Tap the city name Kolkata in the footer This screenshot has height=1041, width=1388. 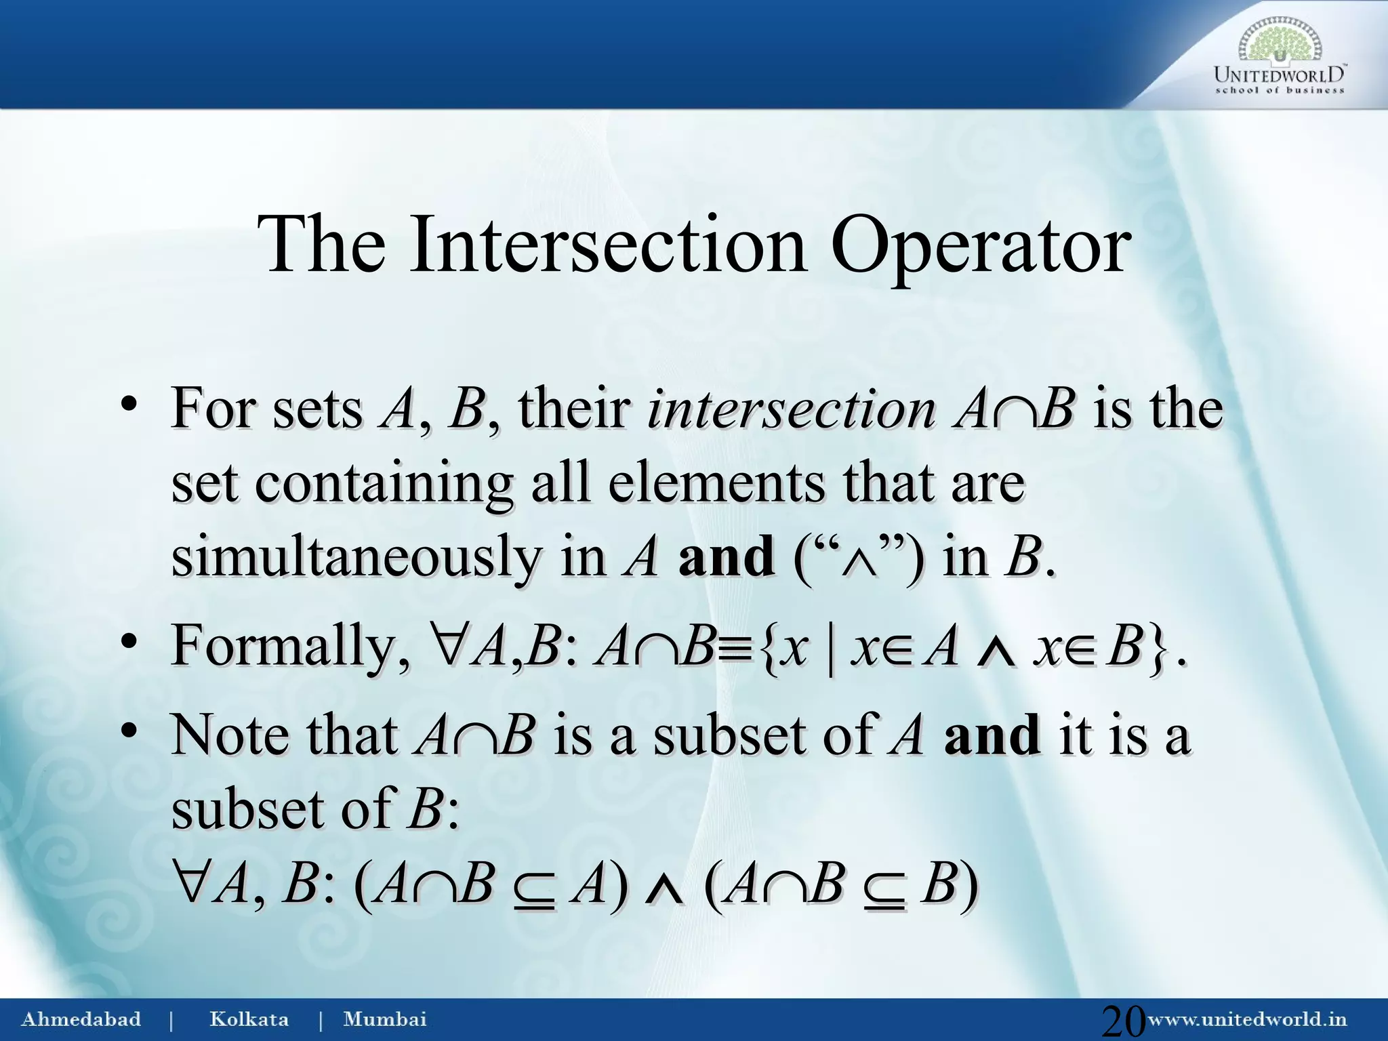249,1019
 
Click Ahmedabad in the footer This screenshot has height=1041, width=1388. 81,1019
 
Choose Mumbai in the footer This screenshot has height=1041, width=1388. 385,1019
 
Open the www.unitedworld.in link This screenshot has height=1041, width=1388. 1248,1019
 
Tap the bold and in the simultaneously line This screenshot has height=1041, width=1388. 726,557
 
